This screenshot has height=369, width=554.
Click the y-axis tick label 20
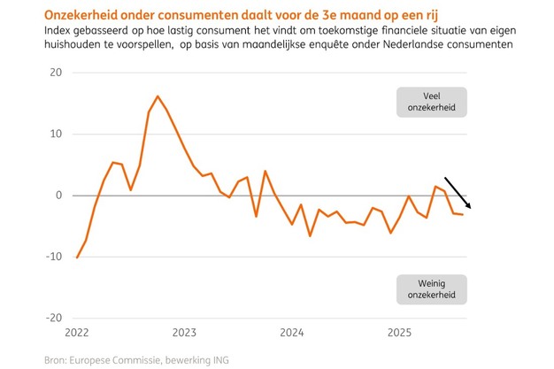coord(55,73)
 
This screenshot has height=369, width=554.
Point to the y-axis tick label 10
coord(55,134)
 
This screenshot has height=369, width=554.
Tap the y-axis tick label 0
coord(58,195)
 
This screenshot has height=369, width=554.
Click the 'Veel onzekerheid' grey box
coord(431,102)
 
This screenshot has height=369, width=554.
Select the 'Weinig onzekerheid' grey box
coord(431,288)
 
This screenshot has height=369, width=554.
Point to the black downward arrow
coord(458,192)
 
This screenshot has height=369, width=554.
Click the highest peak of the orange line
coord(158,96)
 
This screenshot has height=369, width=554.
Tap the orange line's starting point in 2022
coord(77,258)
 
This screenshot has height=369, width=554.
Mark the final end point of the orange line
coord(462,215)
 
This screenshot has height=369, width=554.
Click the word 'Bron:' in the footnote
coord(57,359)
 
